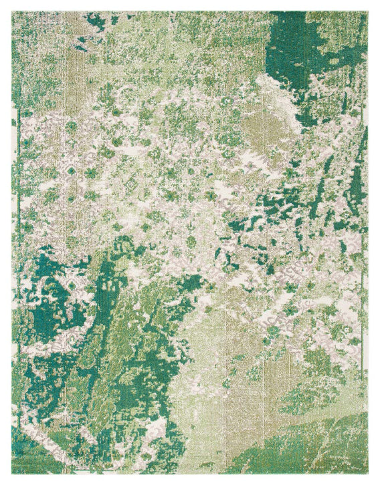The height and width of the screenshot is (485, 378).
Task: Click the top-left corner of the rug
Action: point(11,11)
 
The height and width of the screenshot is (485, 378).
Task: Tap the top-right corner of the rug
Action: point(368,11)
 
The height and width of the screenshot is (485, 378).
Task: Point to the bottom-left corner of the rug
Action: point(11,474)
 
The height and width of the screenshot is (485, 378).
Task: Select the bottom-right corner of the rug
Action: point(368,474)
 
